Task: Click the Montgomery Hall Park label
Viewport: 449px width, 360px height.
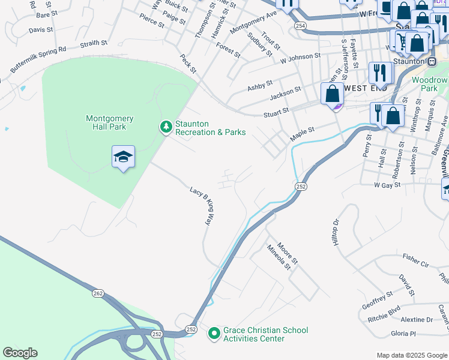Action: click(109, 124)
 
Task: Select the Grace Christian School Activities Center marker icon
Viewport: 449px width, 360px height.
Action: click(214, 334)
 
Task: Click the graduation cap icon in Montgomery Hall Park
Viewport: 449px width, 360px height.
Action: click(124, 157)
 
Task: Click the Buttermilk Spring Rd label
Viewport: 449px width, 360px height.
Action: click(37, 59)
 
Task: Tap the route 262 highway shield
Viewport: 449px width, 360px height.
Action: click(98, 293)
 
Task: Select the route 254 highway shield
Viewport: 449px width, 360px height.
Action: click(300, 26)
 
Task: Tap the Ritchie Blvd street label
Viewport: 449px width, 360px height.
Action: click(384, 313)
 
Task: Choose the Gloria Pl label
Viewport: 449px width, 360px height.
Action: click(403, 333)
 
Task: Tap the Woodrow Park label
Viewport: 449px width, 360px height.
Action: click(430, 84)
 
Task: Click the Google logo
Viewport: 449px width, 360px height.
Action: click(20, 353)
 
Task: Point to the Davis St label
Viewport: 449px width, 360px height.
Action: click(41, 29)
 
